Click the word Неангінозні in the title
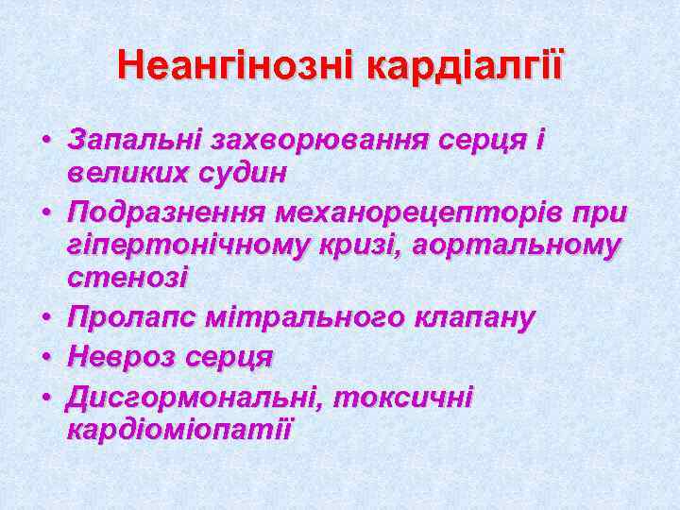click(236, 66)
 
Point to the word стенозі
click(127, 278)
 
